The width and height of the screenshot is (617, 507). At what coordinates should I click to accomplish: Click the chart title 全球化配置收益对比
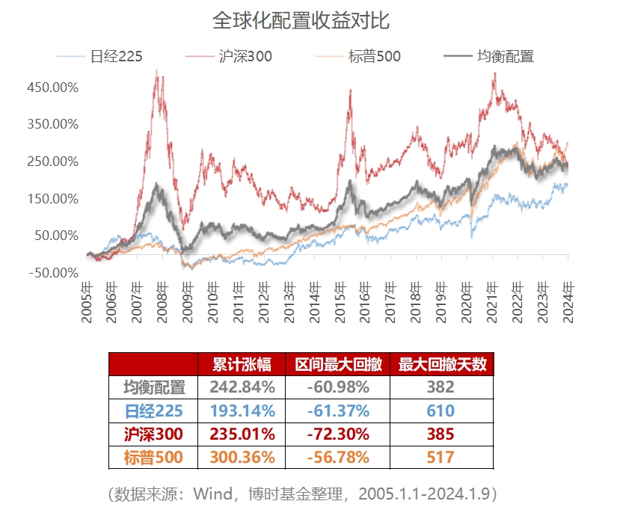pyautogui.click(x=301, y=20)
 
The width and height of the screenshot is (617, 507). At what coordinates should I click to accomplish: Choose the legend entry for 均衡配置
pyautogui.click(x=505, y=56)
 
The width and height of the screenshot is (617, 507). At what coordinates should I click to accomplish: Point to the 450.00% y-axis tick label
pyautogui.click(x=52, y=87)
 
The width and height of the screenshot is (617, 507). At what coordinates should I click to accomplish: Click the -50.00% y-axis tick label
pyautogui.click(x=52, y=272)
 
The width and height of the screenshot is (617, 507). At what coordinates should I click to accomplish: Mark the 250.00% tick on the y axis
pyautogui.click(x=52, y=162)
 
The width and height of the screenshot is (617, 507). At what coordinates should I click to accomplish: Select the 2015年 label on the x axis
pyautogui.click(x=341, y=301)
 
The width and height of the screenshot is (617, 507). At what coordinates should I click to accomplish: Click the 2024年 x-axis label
pyautogui.click(x=569, y=301)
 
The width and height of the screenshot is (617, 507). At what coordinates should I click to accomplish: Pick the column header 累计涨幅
pyautogui.click(x=242, y=364)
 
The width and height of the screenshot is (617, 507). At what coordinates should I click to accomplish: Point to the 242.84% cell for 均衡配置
pyautogui.click(x=242, y=387)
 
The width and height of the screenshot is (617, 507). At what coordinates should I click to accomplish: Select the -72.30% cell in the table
pyautogui.click(x=337, y=434)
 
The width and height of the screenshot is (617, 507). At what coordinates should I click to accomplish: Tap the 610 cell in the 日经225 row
pyautogui.click(x=441, y=411)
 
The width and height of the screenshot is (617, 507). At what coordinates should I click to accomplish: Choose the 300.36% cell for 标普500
pyautogui.click(x=242, y=457)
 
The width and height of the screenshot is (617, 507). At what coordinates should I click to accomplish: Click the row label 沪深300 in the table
pyautogui.click(x=153, y=434)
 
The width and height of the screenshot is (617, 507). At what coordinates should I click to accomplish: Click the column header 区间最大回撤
pyautogui.click(x=337, y=364)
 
